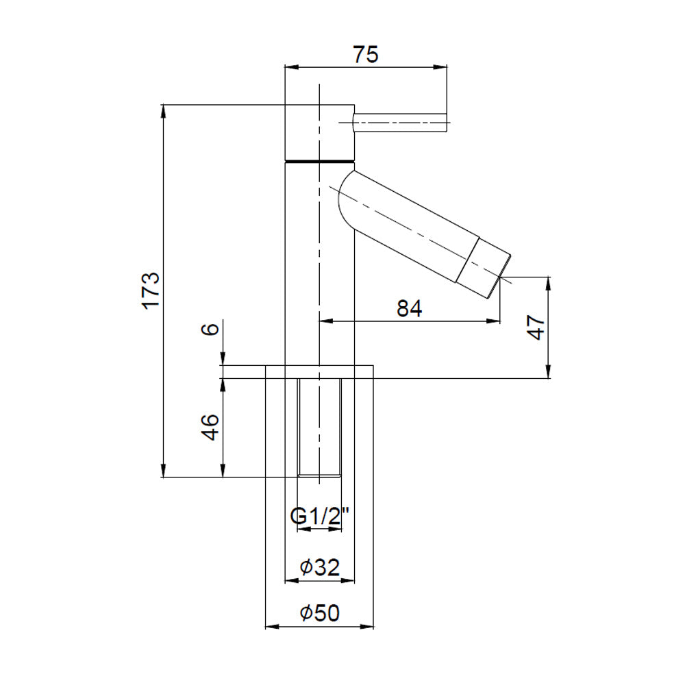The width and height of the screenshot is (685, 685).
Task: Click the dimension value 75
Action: click(366, 55)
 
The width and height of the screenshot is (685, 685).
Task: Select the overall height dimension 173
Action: click(151, 290)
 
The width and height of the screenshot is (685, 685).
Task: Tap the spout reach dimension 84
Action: click(410, 308)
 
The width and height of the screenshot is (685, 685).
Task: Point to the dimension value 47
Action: click(536, 327)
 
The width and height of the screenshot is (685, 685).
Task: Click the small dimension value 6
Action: click(210, 329)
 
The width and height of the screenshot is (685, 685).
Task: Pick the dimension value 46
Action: click(210, 427)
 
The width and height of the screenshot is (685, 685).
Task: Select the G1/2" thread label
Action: click(319, 516)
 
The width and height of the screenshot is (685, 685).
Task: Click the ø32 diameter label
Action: click(319, 567)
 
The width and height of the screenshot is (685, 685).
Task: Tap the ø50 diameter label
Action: click(319, 613)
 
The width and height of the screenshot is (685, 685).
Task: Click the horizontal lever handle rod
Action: click(400, 123)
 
